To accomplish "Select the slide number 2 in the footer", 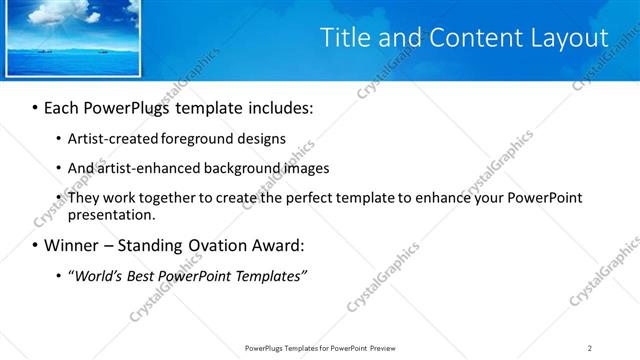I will pyautogui.click(x=590, y=348).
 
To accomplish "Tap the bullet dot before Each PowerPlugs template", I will pyautogui.click(x=36, y=107).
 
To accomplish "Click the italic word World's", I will pyautogui.click(x=99, y=275).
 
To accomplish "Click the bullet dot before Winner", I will pyautogui.click(x=36, y=245).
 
